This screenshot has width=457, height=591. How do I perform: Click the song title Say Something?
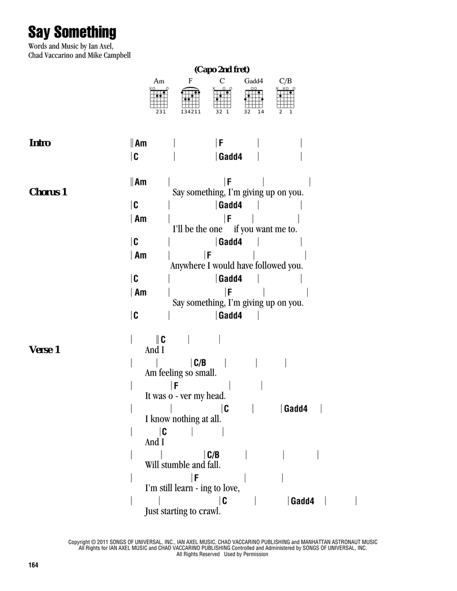click(72, 32)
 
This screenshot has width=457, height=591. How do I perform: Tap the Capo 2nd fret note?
click(222, 70)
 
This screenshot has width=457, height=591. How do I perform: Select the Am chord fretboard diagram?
click(159, 99)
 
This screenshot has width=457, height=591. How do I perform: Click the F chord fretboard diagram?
click(190, 98)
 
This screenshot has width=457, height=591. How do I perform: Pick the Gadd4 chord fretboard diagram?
click(253, 99)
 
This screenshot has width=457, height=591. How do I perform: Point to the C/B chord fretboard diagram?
click(285, 99)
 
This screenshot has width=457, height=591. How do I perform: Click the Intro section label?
click(40, 143)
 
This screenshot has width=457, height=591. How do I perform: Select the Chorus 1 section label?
click(48, 192)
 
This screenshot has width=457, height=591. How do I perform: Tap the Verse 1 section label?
click(45, 350)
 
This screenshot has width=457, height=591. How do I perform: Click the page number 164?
click(33, 565)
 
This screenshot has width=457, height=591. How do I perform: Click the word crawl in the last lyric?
click(210, 511)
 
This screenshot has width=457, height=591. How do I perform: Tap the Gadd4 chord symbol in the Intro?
click(231, 157)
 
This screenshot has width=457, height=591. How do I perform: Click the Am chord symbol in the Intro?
click(141, 143)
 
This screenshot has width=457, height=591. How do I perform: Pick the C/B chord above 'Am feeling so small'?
click(200, 363)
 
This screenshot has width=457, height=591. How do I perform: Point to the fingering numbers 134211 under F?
click(191, 112)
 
